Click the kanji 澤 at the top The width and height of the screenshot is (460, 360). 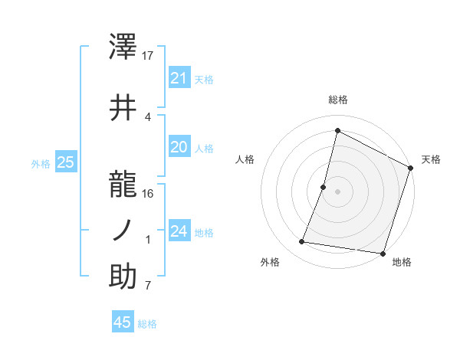(123, 48)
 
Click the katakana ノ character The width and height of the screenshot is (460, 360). (123, 231)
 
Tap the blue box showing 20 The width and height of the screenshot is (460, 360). (179, 147)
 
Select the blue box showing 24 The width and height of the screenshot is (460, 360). (179, 231)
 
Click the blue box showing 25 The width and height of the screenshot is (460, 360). (65, 162)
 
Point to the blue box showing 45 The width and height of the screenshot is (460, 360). (123, 322)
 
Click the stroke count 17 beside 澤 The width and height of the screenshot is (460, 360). (148, 56)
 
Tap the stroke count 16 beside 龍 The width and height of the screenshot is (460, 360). (148, 193)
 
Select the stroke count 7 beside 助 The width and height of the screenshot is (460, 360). (147, 286)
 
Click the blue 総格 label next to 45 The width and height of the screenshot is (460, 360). (147, 324)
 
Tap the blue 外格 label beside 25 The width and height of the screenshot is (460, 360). (41, 163)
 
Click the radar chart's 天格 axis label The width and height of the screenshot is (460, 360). (431, 159)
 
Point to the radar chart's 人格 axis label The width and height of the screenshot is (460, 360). (245, 159)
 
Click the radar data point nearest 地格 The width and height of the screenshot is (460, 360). (381, 253)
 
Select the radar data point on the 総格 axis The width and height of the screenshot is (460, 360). (337, 130)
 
